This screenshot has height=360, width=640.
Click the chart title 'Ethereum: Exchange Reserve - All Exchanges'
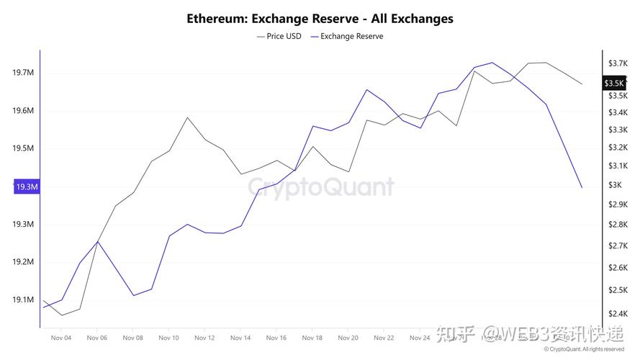click(x=320, y=19)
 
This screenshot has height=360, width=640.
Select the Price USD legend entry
click(x=279, y=36)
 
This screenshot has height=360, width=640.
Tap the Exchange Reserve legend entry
click(x=347, y=36)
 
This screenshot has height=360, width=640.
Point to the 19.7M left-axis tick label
click(x=24, y=73)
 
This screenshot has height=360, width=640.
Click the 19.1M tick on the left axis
click(x=24, y=300)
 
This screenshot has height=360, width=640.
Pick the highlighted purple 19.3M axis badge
click(x=25, y=187)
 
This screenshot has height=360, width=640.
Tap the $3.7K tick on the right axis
click(x=618, y=63)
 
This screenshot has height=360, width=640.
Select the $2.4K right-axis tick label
click(x=618, y=313)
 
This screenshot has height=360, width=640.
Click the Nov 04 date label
click(x=61, y=337)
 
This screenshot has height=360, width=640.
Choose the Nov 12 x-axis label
click(x=204, y=337)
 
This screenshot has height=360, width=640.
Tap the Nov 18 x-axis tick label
click(x=312, y=337)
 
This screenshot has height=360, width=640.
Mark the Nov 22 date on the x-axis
click(x=384, y=337)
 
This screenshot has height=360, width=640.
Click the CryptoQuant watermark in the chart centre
click(x=321, y=187)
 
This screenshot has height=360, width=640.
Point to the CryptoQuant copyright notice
click(x=584, y=349)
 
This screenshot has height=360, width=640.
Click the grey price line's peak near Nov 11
click(x=187, y=117)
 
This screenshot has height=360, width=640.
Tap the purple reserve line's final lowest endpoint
click(x=582, y=188)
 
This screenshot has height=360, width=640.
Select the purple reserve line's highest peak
click(x=492, y=63)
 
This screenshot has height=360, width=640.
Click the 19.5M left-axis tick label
click(x=24, y=148)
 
